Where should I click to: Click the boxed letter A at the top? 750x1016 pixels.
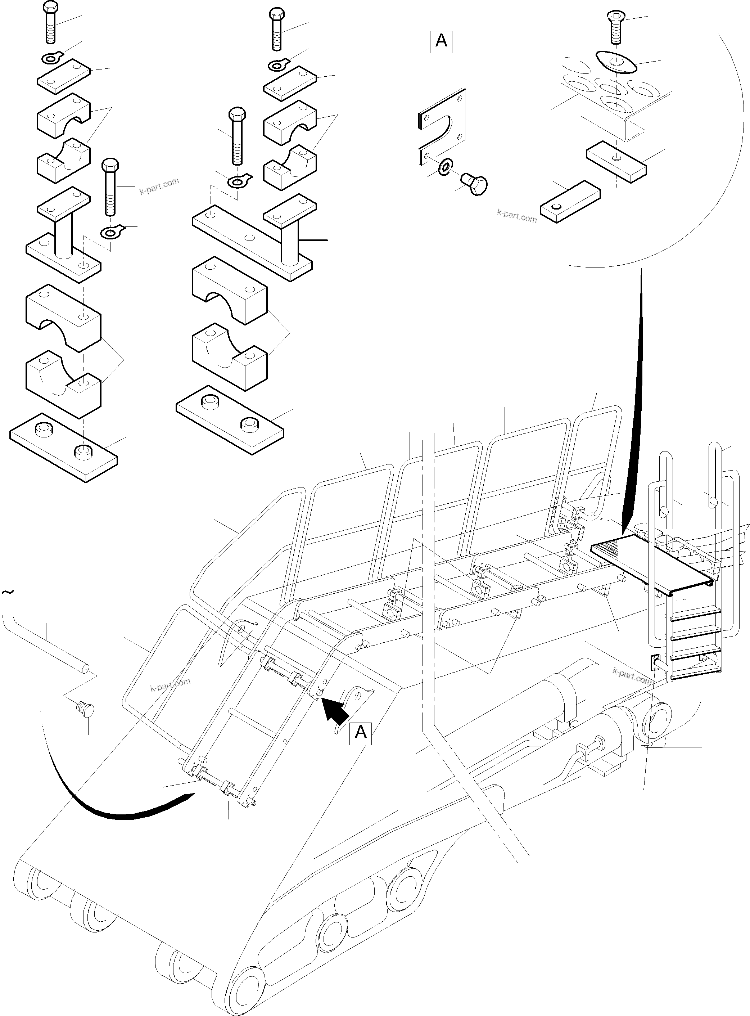point(441,41)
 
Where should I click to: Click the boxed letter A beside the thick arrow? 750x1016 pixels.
point(361,733)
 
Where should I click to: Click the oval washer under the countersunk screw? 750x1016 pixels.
point(616,61)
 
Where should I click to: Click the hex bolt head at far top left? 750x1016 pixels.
point(50,7)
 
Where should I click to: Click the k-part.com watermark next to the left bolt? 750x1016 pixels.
point(159,186)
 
